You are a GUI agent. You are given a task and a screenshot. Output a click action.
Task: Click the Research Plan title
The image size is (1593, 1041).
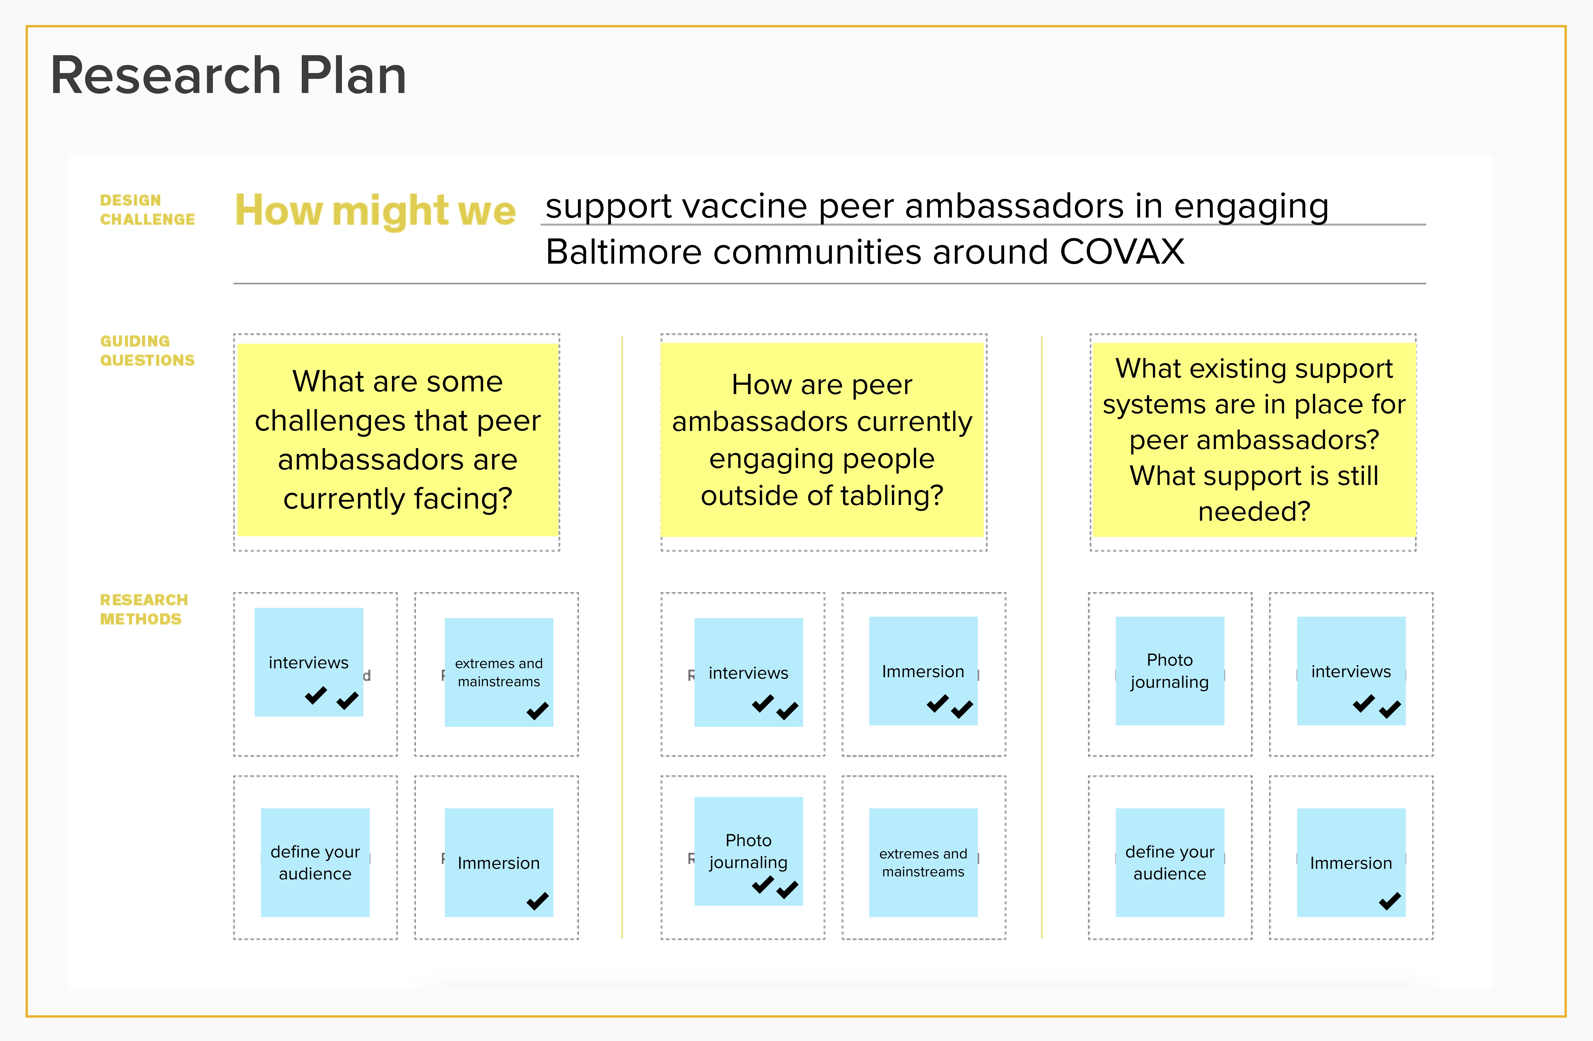click(228, 76)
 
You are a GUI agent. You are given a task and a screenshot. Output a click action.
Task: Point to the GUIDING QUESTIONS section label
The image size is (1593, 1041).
click(147, 351)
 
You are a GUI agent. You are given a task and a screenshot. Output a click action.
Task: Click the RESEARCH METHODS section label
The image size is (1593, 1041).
click(144, 609)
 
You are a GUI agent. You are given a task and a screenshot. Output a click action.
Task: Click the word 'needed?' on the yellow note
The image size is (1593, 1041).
click(1254, 511)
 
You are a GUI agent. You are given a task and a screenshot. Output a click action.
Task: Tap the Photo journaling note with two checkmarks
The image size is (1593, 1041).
click(748, 851)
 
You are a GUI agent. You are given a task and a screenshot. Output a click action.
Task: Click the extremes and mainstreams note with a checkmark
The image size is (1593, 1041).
click(499, 672)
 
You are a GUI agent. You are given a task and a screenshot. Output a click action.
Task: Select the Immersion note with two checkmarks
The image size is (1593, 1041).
click(923, 671)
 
